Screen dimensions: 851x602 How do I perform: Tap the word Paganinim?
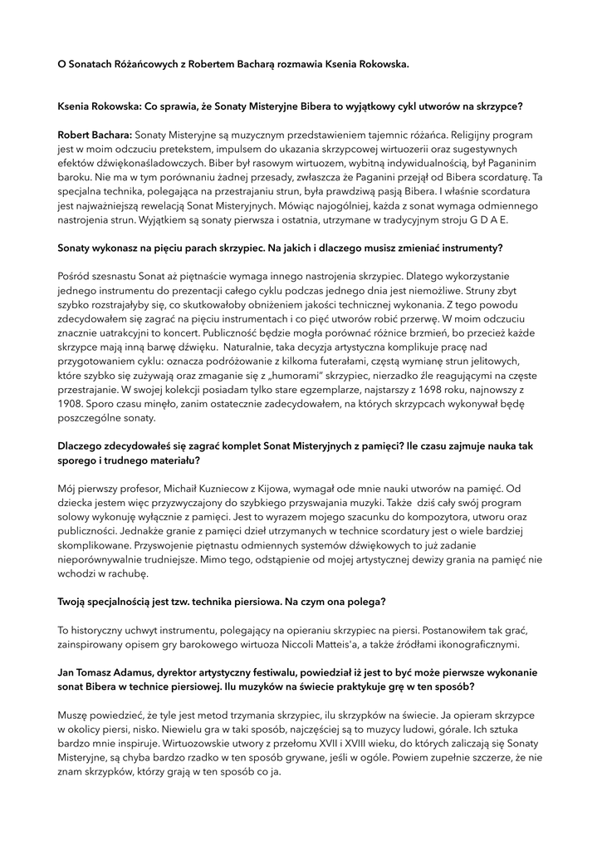point(514,163)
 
